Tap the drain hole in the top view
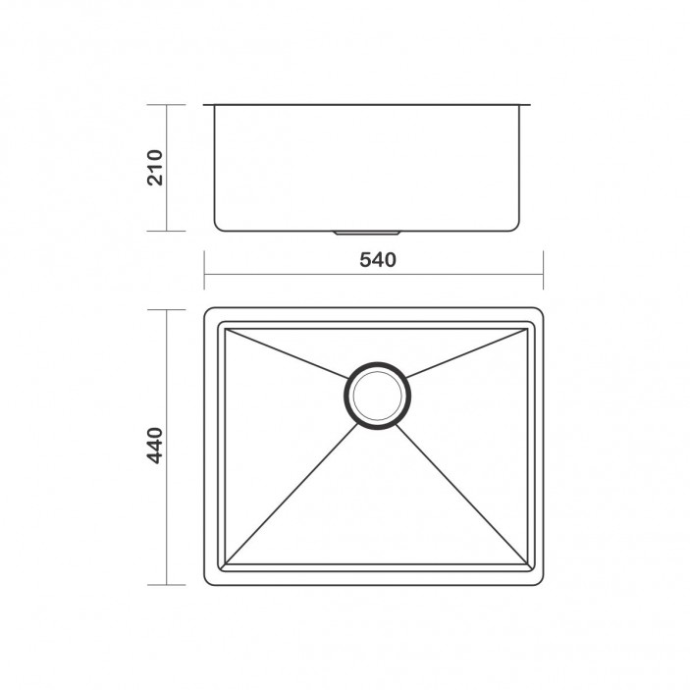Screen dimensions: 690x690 tap(375, 396)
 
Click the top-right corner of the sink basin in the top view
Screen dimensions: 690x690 tap(528, 329)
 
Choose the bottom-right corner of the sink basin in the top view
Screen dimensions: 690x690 tap(528, 566)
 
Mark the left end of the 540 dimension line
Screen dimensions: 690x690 tap(204, 277)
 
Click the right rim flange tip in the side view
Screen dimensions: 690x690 tap(532, 101)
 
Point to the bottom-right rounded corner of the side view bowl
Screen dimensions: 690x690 tap(516, 225)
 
